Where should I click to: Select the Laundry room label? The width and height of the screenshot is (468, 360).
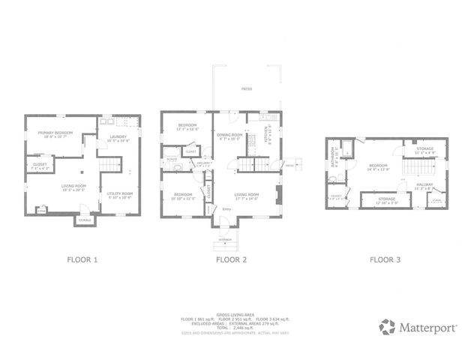pos(118,139)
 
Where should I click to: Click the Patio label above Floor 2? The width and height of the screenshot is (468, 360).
pos(246,89)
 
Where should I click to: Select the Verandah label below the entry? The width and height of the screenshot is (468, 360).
pos(226,239)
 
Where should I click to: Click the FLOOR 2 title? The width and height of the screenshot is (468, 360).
pos(231,260)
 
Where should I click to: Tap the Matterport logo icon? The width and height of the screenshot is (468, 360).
pos(387,327)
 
